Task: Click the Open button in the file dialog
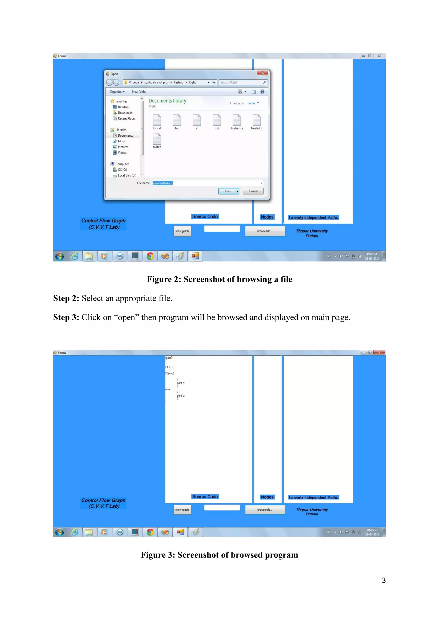coord(227,191)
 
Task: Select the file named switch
coord(157,140)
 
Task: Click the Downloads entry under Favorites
coord(125,113)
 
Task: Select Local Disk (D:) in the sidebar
coord(126,176)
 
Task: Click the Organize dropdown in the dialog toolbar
coord(117,92)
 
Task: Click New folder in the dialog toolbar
coord(139,92)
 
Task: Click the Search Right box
coord(241,83)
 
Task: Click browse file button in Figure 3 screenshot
coord(265,509)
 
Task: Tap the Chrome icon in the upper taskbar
coord(150,256)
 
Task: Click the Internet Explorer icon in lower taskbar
coord(75,532)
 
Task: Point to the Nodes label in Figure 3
coord(267,497)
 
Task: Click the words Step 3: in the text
coord(66,317)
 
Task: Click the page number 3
coord(383,580)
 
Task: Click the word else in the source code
coord(168,389)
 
